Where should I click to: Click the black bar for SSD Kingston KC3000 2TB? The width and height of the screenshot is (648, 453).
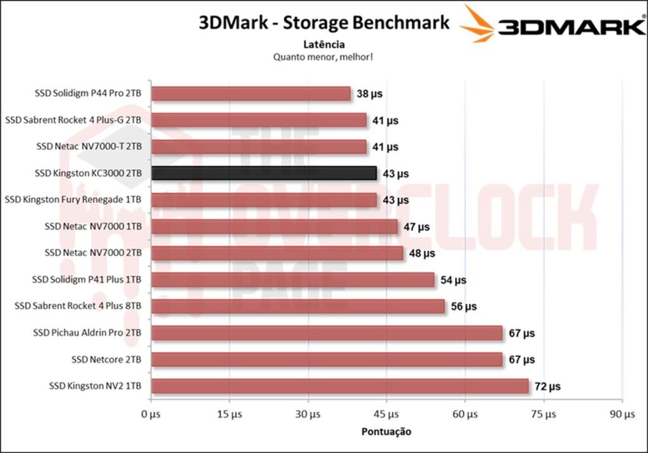(264, 173)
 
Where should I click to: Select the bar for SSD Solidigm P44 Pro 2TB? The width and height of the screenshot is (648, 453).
(251, 94)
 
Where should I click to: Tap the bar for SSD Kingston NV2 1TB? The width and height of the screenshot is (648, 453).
(340, 386)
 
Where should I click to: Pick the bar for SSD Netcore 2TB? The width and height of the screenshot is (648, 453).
(327, 359)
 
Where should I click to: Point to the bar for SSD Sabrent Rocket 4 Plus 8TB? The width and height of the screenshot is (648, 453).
(298, 307)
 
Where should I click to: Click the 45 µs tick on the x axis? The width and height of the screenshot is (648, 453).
(387, 414)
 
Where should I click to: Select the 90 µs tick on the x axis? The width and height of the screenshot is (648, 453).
(622, 414)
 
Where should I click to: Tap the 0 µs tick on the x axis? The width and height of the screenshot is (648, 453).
(151, 414)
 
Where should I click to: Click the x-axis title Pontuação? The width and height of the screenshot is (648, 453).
(386, 432)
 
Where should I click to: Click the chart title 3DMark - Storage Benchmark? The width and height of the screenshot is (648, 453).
(324, 23)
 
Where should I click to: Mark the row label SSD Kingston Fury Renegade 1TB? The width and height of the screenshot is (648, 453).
(73, 200)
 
